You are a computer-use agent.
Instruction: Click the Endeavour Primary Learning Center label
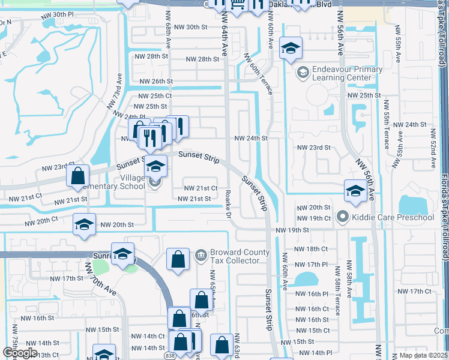(x=347, y=73)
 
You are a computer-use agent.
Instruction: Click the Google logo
(x=19, y=353)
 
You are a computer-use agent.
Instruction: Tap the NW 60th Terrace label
(x=259, y=74)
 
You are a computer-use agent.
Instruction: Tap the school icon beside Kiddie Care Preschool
(x=343, y=216)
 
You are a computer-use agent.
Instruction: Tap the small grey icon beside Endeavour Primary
(x=303, y=73)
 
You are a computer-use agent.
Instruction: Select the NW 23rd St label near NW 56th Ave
(x=315, y=147)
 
